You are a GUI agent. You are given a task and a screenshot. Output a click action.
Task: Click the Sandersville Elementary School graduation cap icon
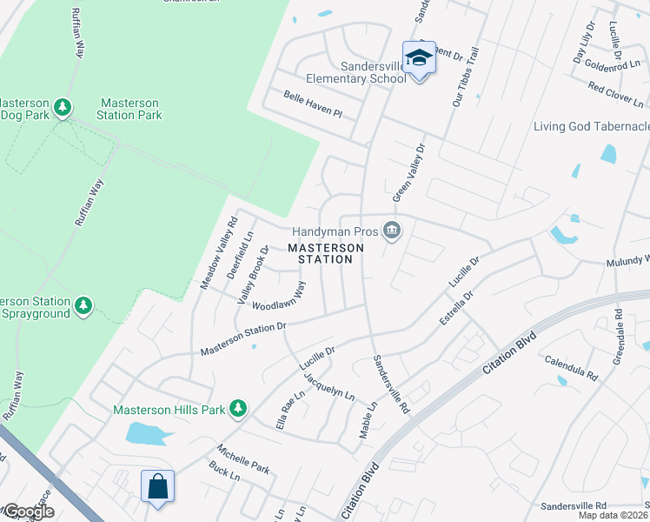(x=419, y=58)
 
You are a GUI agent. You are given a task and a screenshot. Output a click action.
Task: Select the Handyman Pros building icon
(x=392, y=231)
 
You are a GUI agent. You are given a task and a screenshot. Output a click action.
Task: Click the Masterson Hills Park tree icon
(x=235, y=409)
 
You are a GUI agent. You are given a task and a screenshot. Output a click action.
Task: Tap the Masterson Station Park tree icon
(x=63, y=107)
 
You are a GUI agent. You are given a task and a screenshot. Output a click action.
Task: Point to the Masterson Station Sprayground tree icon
(x=83, y=305)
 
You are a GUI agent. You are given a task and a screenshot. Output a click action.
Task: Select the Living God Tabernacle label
(x=591, y=127)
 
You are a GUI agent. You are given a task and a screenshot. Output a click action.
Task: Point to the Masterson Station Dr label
(x=243, y=338)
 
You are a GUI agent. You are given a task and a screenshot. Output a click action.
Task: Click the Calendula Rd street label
(x=571, y=368)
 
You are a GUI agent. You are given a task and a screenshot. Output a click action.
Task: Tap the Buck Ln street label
(x=224, y=472)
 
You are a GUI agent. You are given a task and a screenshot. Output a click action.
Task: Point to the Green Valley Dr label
(x=411, y=172)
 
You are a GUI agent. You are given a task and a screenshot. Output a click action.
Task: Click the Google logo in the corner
(x=29, y=512)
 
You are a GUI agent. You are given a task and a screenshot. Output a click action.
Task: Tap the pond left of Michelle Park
(x=143, y=433)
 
